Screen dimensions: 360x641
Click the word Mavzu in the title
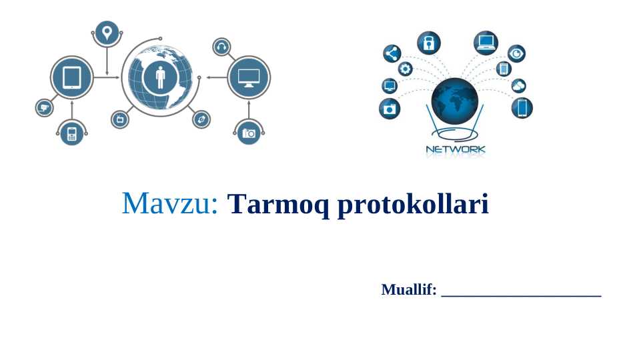[x=170, y=203]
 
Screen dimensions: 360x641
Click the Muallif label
[x=408, y=289]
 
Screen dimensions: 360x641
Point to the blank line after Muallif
[x=521, y=292]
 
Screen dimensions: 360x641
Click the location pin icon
[x=106, y=32]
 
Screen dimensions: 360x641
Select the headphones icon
[x=221, y=47]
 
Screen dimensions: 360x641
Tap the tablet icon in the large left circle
[x=71, y=77]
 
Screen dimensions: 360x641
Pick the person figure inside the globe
[x=160, y=77]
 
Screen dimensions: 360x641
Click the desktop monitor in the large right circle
[x=249, y=77]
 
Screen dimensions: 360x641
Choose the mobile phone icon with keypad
[x=71, y=133]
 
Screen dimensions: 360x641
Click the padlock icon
[x=429, y=43]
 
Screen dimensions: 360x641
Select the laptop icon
[x=486, y=43]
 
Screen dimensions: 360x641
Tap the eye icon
[x=516, y=54]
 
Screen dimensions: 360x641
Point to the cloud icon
[x=518, y=85]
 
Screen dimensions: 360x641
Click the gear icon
[x=405, y=69]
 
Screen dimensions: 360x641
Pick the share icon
[x=392, y=54]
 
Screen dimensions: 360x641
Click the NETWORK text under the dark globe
[x=456, y=150]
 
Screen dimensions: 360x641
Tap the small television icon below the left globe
[x=119, y=119]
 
